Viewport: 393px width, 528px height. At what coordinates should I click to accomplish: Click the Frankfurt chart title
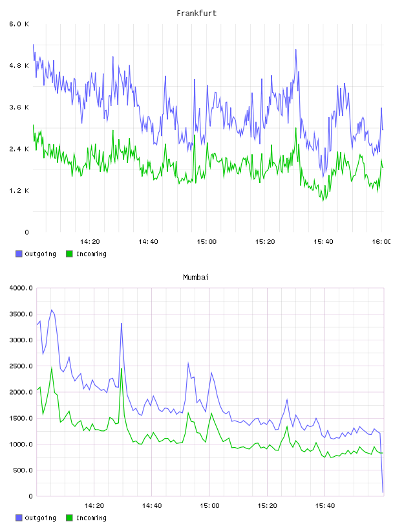[x=197, y=14]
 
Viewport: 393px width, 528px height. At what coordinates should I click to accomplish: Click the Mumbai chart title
[x=196, y=278]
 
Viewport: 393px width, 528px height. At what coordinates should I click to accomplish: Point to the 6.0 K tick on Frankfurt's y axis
[x=19, y=24]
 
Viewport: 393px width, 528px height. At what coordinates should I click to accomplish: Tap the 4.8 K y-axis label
[x=19, y=65]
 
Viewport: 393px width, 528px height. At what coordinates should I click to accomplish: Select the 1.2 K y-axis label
[x=19, y=191]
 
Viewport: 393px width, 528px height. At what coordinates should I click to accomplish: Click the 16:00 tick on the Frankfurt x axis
[x=381, y=241]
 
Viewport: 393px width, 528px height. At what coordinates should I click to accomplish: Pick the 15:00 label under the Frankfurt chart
[x=207, y=241]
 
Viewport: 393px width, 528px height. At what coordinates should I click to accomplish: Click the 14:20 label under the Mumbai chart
[x=94, y=505]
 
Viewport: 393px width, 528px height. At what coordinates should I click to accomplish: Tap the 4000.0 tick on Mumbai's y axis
[x=21, y=288]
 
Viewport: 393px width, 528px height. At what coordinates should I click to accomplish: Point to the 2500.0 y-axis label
[x=21, y=366]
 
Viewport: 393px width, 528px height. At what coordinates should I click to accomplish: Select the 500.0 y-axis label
[x=23, y=470]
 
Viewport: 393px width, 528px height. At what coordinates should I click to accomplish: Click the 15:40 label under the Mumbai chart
[x=324, y=505]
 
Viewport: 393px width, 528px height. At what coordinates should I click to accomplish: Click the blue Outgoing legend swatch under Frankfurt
[x=19, y=254]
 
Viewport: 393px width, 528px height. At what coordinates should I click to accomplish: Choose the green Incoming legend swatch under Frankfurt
[x=69, y=254]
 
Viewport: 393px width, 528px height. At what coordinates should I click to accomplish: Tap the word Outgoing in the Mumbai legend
[x=40, y=518]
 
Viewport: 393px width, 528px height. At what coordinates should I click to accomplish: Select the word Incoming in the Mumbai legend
[x=91, y=518]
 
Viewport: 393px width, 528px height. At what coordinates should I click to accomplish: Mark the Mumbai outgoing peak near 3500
[x=52, y=310]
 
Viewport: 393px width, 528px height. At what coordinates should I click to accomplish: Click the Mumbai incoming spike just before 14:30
[x=122, y=369]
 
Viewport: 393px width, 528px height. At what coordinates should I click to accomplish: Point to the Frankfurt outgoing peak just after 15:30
[x=296, y=49]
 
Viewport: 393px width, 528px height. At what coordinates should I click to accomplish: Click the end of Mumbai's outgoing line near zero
[x=383, y=492]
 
